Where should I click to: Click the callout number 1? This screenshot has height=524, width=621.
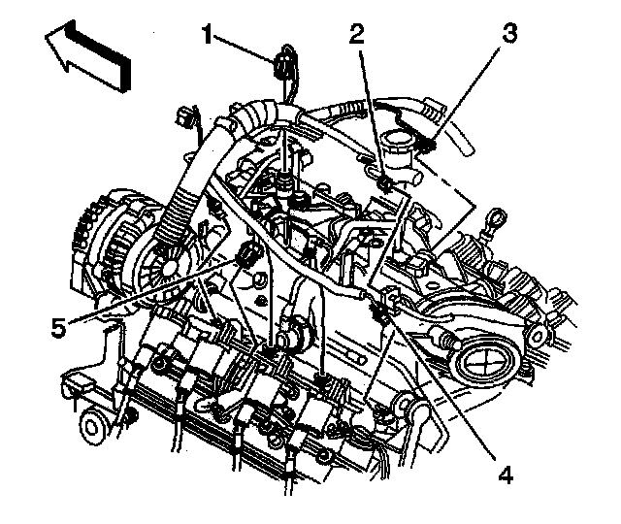click(207, 36)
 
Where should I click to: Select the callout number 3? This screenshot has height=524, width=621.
click(509, 32)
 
